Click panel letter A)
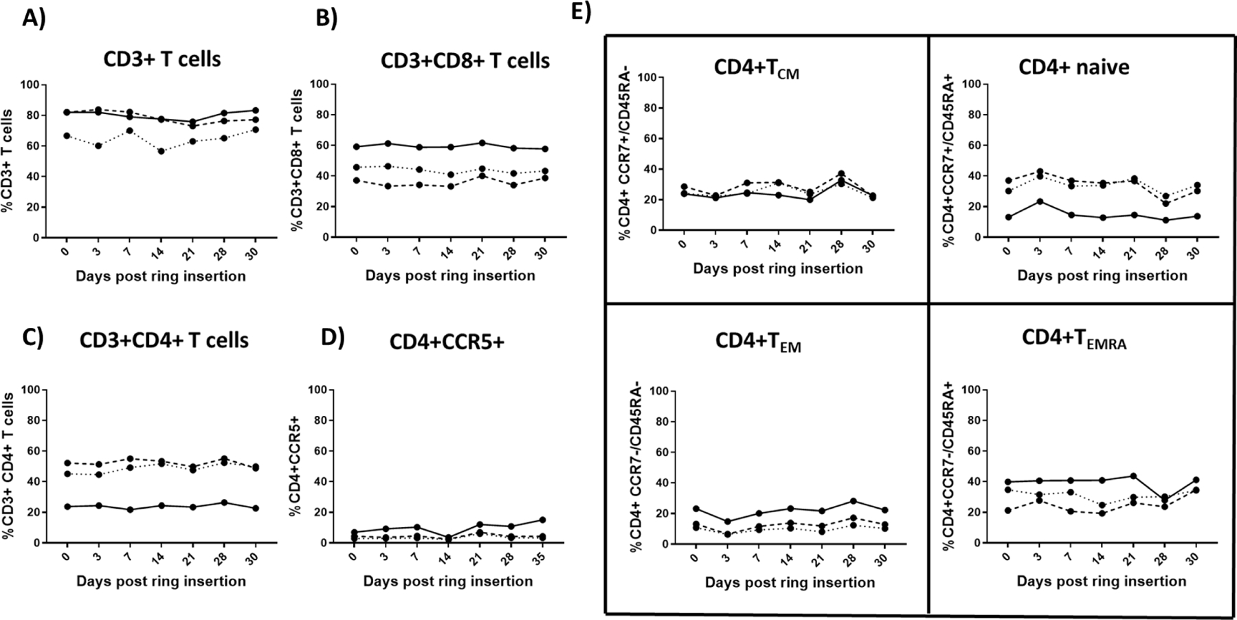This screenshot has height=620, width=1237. (34, 19)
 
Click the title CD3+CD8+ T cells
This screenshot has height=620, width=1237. (465, 60)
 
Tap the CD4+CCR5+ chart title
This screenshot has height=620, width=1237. (447, 341)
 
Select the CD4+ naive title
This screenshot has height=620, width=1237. (1073, 67)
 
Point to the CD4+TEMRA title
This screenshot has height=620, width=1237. (1074, 340)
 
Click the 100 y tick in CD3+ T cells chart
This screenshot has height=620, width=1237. (32, 85)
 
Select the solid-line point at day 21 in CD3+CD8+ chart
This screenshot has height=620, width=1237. (482, 143)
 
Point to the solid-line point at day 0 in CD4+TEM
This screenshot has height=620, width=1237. (696, 509)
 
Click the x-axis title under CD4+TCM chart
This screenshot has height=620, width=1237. (777, 269)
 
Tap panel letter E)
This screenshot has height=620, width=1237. (581, 13)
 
